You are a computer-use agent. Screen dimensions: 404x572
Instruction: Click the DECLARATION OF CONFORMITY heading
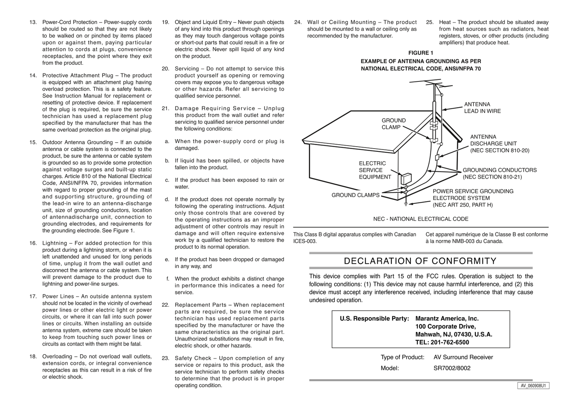point(420,261)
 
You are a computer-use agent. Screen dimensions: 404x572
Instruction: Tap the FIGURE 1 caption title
point(421,53)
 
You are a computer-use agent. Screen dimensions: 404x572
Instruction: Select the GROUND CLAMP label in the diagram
point(393,124)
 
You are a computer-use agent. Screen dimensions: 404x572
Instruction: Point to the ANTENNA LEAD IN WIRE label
point(482,108)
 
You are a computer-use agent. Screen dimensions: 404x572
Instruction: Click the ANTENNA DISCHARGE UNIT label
point(499,143)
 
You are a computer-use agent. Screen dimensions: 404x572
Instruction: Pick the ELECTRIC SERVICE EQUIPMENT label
point(375,170)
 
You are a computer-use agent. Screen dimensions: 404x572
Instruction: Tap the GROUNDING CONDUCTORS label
point(500,174)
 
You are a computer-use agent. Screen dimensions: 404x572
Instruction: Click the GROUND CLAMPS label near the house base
point(355,195)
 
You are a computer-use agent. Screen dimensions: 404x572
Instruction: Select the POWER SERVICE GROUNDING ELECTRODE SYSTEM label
point(473,198)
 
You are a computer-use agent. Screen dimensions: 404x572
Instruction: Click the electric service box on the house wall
point(406,179)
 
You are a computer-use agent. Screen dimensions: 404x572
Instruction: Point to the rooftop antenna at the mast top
point(428,84)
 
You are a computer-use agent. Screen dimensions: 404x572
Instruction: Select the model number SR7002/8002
point(452,368)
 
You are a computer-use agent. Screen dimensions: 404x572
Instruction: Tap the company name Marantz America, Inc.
point(447,319)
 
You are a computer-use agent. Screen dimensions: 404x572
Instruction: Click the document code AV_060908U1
point(533,386)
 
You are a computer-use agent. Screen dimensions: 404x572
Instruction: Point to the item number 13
point(33,23)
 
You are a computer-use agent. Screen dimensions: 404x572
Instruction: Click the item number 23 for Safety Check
point(165,359)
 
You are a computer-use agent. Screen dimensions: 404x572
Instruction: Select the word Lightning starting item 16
point(55,244)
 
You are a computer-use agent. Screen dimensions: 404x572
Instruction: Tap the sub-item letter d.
point(167,200)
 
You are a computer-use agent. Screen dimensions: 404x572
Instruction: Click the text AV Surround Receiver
point(463,357)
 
